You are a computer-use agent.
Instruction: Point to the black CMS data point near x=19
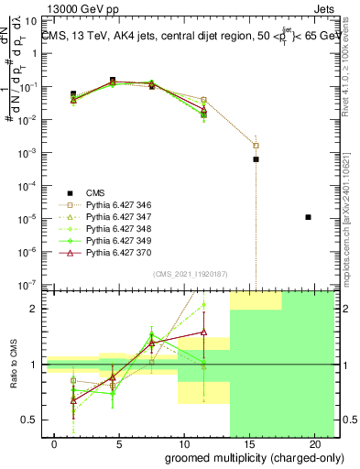308,217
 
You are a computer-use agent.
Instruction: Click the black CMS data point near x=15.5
256,159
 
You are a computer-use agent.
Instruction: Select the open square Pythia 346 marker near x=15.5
256,145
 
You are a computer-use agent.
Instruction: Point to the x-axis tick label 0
56,444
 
